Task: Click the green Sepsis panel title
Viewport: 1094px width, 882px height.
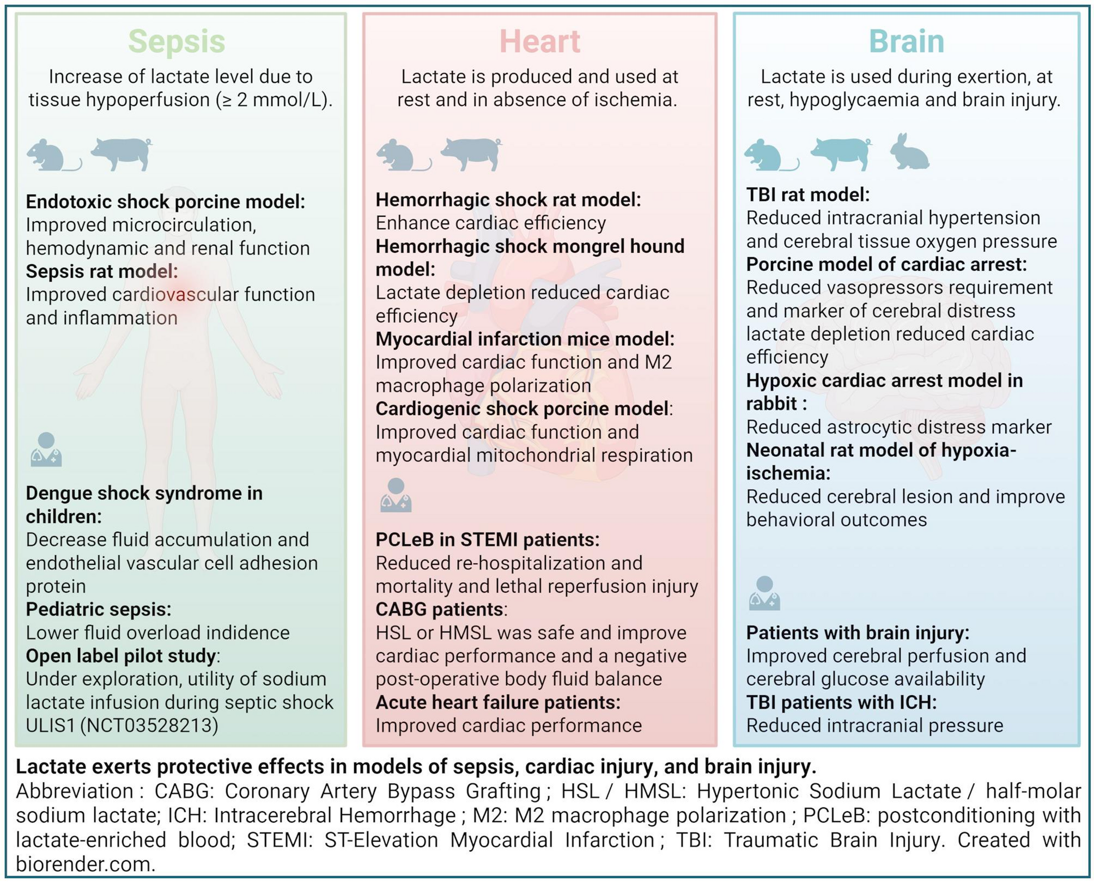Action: [177, 41]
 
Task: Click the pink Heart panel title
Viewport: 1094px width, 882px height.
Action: [539, 41]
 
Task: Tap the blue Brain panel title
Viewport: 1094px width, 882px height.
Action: [906, 41]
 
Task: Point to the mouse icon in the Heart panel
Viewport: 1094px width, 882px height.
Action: [402, 155]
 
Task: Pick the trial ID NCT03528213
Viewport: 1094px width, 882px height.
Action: [149, 726]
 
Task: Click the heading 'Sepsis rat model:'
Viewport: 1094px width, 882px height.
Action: [102, 271]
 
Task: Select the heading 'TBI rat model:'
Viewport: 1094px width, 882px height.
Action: [807, 194]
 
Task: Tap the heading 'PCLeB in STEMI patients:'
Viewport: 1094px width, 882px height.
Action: [487, 539]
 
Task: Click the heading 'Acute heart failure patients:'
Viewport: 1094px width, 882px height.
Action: [497, 702]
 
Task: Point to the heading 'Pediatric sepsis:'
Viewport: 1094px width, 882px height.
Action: [99, 609]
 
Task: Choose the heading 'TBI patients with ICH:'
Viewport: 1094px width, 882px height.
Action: [841, 702]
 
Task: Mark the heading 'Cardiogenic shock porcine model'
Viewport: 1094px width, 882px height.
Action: [522, 409]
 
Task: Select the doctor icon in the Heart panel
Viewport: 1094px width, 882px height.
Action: [396, 495]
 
